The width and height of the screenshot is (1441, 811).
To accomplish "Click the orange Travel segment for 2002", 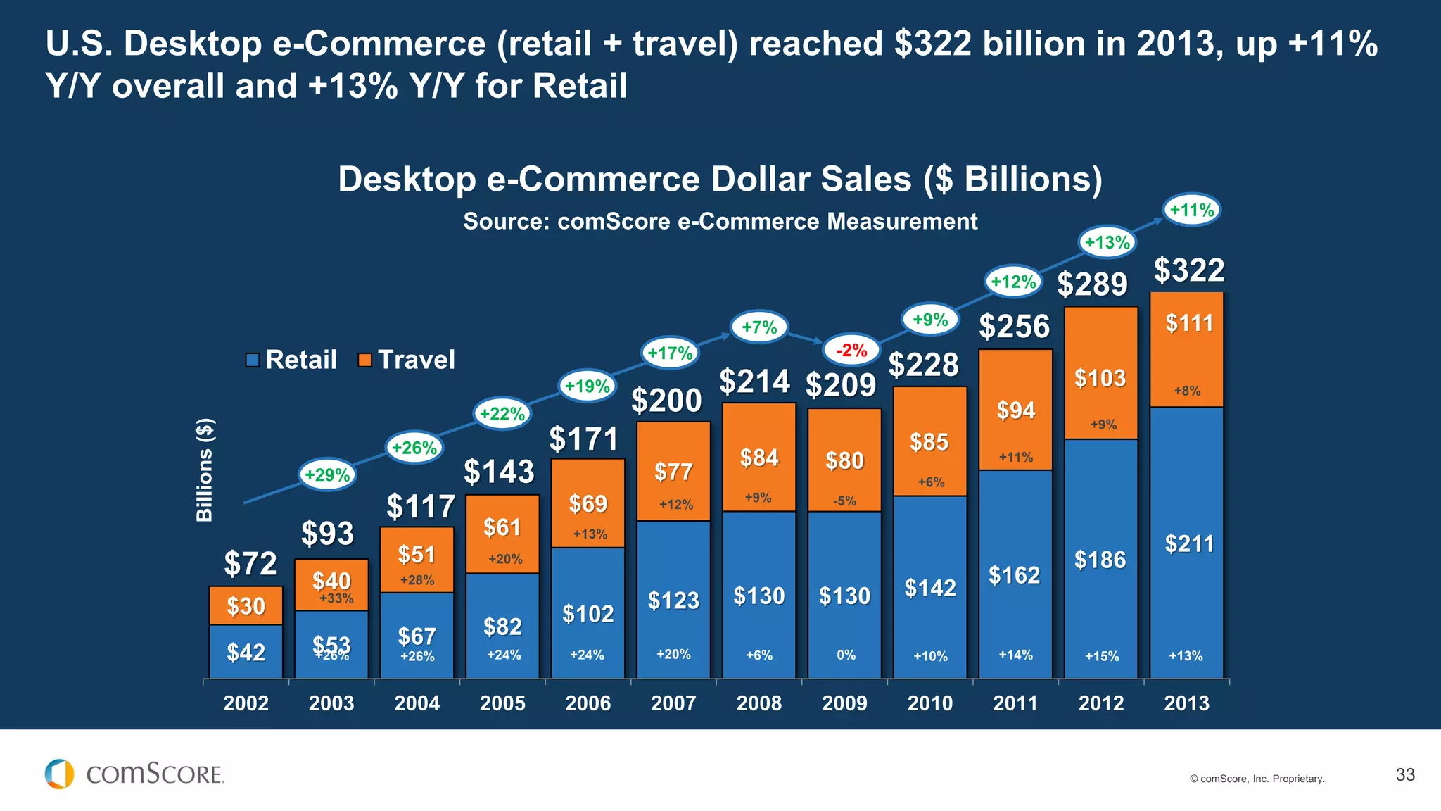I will (x=246, y=605).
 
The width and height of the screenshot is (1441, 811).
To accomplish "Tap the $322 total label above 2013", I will (x=1189, y=270).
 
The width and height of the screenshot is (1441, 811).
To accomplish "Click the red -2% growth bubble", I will (x=851, y=350).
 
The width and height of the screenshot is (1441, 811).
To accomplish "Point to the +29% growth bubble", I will (x=327, y=474).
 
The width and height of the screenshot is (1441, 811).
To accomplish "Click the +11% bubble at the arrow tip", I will (x=1191, y=210).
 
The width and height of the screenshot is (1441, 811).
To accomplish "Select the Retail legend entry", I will (x=291, y=360).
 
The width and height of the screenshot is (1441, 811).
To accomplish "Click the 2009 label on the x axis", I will (x=844, y=703).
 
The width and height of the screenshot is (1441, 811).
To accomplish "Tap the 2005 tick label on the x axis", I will (x=502, y=703).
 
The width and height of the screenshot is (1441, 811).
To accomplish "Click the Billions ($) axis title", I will (x=204, y=470).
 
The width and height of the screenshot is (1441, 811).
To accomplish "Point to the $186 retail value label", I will (x=1100, y=560).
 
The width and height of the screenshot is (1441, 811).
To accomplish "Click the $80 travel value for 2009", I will (x=844, y=460).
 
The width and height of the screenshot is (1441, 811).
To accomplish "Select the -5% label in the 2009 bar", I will (x=844, y=501).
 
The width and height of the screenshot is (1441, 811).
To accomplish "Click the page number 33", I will (x=1404, y=774).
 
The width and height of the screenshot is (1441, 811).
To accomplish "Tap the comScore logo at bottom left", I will (x=134, y=774).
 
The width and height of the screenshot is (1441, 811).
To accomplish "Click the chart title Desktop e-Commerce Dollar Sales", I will (x=720, y=179).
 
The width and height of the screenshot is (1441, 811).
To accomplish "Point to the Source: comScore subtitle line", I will (x=720, y=221).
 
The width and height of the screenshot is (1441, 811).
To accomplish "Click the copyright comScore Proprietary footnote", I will (x=1257, y=779).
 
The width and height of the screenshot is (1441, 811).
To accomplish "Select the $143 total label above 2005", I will (x=499, y=471).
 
